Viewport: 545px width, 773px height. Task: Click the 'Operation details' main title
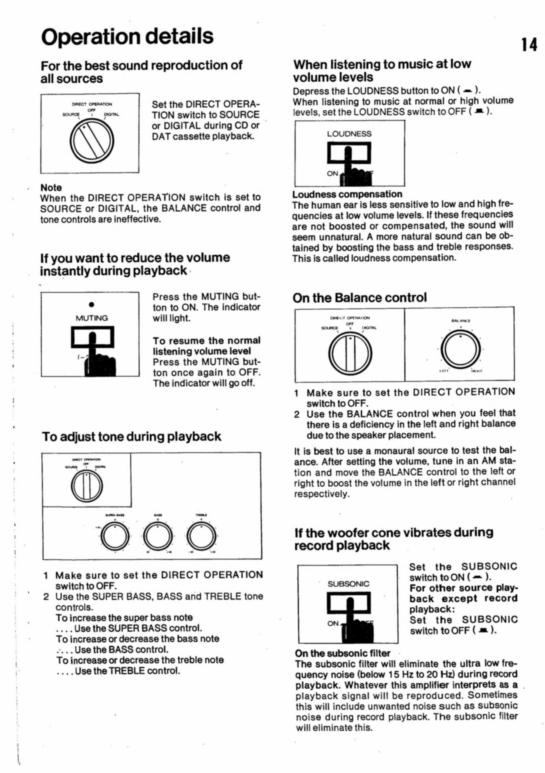127,36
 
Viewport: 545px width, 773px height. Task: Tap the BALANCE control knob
460,350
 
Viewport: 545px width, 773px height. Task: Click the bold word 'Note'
51,187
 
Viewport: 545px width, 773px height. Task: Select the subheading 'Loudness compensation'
347,194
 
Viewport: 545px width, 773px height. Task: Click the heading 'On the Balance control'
360,298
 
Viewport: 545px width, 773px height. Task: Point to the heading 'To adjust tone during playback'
132,436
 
